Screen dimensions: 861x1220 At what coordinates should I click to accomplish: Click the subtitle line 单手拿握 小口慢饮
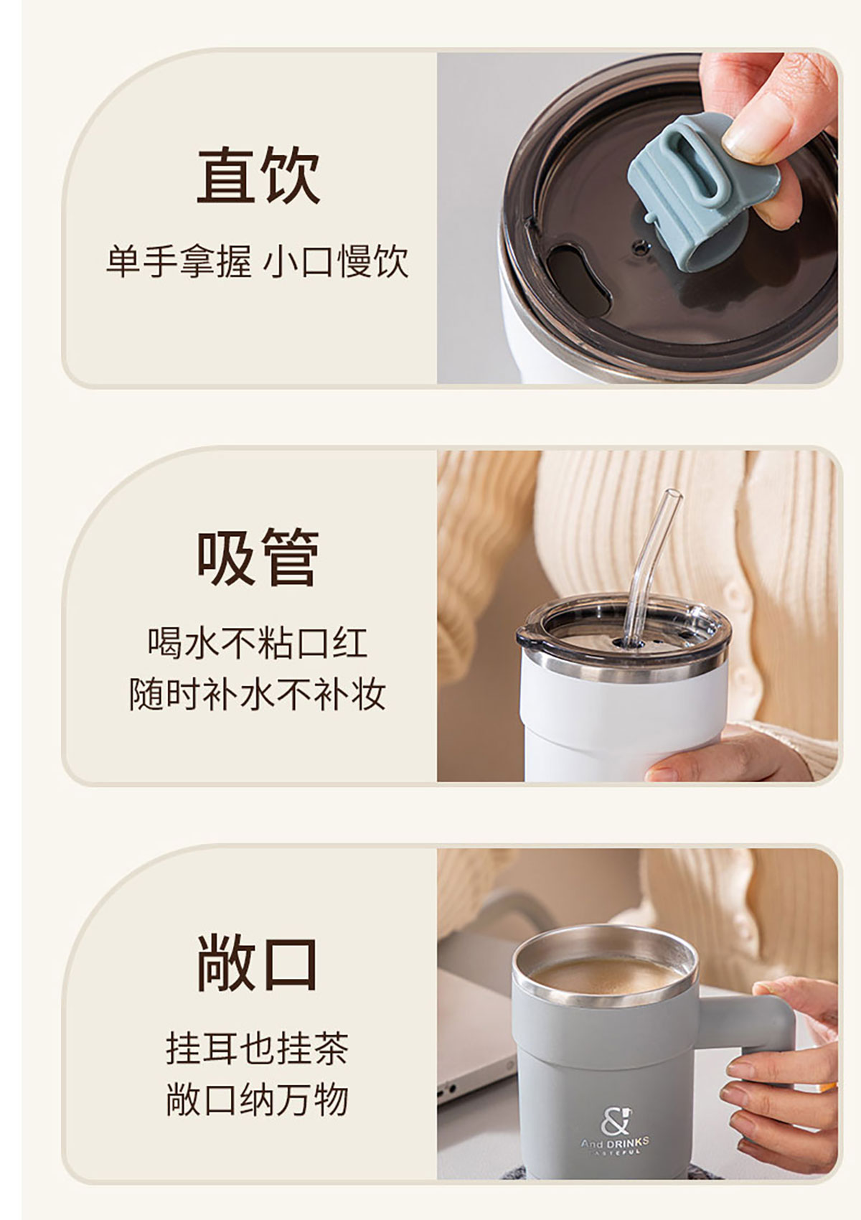(x=257, y=262)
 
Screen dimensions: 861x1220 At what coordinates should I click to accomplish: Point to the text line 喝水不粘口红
(x=258, y=643)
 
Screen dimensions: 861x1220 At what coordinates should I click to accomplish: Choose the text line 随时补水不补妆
(x=258, y=694)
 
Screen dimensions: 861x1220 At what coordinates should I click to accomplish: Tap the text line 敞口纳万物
(x=258, y=1100)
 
